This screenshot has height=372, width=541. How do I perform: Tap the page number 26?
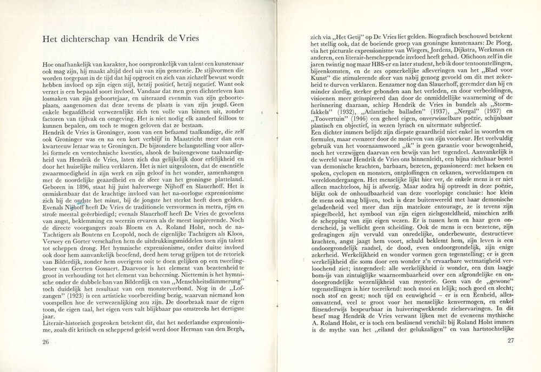46,342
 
